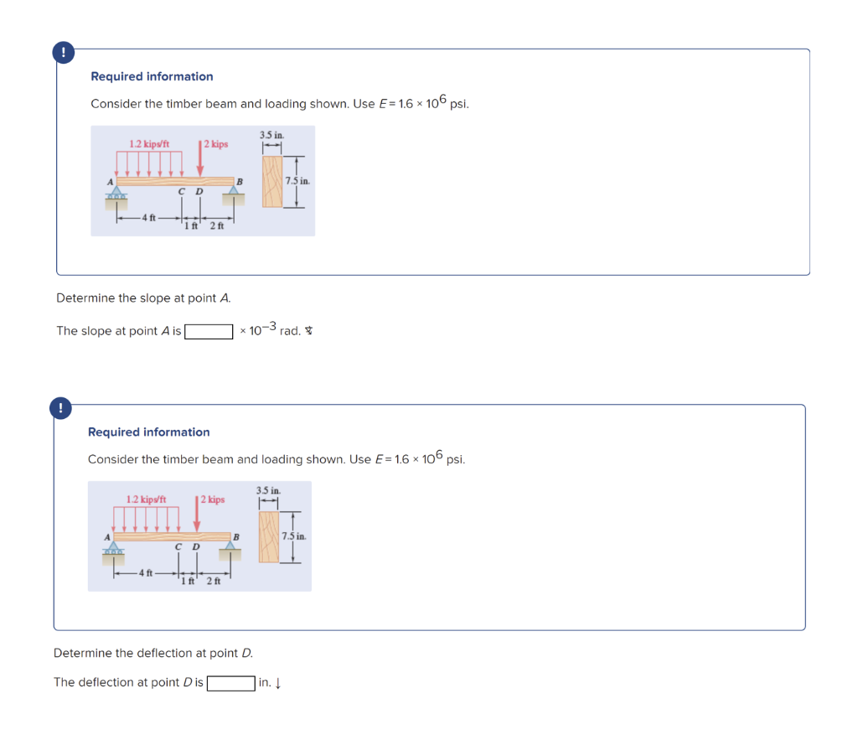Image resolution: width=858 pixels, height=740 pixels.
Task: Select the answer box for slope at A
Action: pyautogui.click(x=209, y=331)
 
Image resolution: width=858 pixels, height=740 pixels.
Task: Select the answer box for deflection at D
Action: pyautogui.click(x=231, y=683)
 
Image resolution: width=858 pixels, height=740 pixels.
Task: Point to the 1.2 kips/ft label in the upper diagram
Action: pyautogui.click(x=149, y=144)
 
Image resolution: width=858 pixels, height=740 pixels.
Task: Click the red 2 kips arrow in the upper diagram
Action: pyautogui.click(x=200, y=159)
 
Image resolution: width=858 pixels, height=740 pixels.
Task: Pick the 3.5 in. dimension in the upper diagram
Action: pyautogui.click(x=271, y=134)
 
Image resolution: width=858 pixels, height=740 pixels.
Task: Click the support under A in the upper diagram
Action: pyautogui.click(x=116, y=194)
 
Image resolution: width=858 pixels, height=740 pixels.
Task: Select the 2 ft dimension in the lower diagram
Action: pyautogui.click(x=213, y=580)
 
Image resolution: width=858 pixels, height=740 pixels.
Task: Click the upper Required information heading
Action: pyautogui.click(x=152, y=76)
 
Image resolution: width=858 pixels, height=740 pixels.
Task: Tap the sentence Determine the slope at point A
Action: pyautogui.click(x=143, y=298)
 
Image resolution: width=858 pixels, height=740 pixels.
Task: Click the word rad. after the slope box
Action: pyautogui.click(x=290, y=331)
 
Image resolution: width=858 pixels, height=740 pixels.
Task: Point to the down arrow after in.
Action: pyautogui.click(x=277, y=683)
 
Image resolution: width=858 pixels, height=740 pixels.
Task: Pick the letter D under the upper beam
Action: pyautogui.click(x=199, y=192)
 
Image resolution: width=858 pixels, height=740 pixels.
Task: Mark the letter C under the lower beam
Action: pyautogui.click(x=178, y=547)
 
